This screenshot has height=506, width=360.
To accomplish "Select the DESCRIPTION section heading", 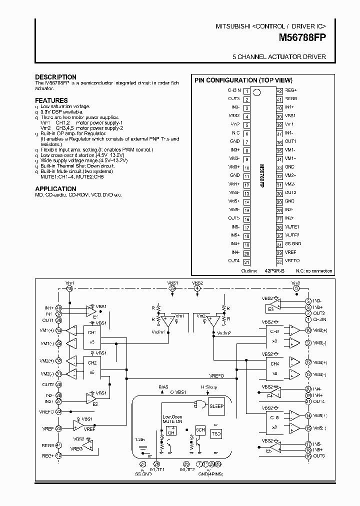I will [x=55, y=77].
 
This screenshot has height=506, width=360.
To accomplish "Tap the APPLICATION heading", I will [x=55, y=188].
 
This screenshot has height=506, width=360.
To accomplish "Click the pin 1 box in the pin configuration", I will [x=246, y=90].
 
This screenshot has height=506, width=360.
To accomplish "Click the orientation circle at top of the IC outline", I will [x=257, y=91].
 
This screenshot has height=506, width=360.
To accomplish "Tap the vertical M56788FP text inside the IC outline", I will [x=262, y=175].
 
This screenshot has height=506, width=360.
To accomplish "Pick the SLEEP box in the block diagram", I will [x=216, y=406].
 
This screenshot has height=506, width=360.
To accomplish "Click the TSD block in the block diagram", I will [x=216, y=434].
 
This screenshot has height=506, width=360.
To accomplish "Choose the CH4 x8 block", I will [x=274, y=367].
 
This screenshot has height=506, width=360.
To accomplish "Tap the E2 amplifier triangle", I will [x=91, y=397].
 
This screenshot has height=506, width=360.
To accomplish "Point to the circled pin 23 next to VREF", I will [x=58, y=428].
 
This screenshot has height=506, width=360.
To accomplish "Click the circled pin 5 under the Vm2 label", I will [x=296, y=288].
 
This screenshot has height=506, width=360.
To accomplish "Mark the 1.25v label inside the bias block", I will [x=140, y=439].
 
